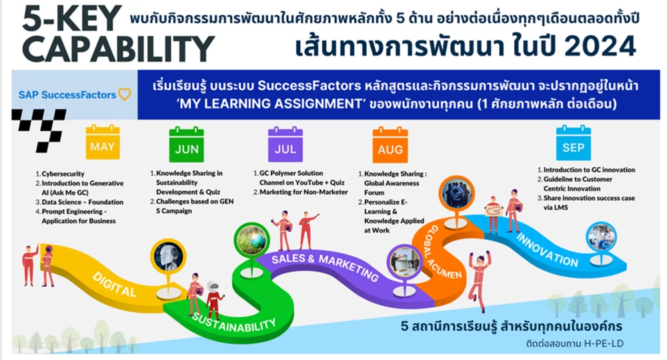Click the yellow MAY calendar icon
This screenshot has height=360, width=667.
tap(103, 142)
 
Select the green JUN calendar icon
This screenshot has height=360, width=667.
tap(186, 144)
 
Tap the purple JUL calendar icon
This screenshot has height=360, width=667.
tap(285, 144)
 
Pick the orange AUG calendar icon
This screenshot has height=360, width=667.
tap(390, 145)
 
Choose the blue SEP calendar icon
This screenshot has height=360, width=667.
tap(573, 143)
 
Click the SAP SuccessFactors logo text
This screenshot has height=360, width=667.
tap(67, 95)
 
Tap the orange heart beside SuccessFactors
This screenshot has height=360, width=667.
tap(124, 94)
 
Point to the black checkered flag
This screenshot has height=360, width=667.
tap(39, 129)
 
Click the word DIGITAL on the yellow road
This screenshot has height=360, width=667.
tap(114, 284)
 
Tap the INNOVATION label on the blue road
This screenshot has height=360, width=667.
tap(547, 250)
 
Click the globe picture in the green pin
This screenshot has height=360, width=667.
tap(251, 240)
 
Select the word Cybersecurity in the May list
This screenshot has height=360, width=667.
tap(63, 174)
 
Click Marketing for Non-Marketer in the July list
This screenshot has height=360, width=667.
tap(303, 192)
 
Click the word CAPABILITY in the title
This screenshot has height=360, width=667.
tap(118, 49)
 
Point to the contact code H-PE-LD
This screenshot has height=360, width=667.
tap(604, 343)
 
